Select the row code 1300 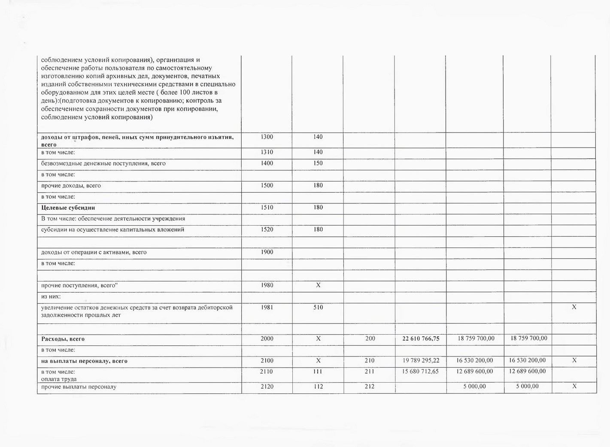pos(267,137)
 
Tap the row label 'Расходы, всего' pos(63,339)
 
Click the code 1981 pos(267,307)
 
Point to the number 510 pos(318,307)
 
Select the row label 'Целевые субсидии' pos(68,208)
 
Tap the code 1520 pos(267,229)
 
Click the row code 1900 pos(267,252)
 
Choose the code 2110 pos(266,371)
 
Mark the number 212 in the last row pos(369,386)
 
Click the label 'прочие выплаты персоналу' pos(79,387)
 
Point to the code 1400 pos(267,163)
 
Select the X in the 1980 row pos(318,285)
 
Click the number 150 pos(318,163)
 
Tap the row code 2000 pos(267,338)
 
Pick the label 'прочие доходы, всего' pos(71,186)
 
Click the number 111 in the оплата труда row pos(318,371)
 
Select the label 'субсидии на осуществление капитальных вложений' pos(112,230)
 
